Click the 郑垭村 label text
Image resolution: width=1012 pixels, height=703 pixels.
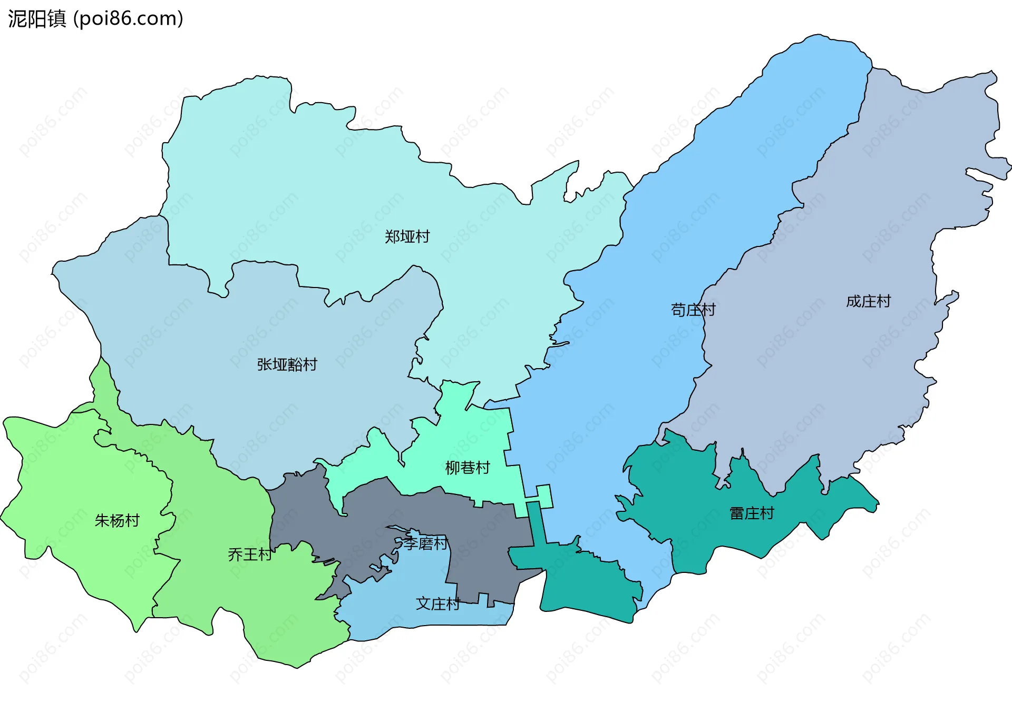click(x=407, y=236)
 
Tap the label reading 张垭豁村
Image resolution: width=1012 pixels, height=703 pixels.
click(x=287, y=364)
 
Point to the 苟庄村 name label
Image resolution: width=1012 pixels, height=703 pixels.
click(x=693, y=310)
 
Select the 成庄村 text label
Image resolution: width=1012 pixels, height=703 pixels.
click(x=868, y=301)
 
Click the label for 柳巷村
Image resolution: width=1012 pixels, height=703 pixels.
click(x=468, y=468)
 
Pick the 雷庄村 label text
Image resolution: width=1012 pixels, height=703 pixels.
click(x=752, y=513)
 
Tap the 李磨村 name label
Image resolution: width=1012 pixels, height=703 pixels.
click(x=425, y=543)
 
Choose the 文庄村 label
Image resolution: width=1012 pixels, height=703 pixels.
click(x=438, y=603)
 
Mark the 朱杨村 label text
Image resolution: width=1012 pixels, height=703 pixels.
click(x=117, y=521)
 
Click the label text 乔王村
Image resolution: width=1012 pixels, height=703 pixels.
click(x=250, y=555)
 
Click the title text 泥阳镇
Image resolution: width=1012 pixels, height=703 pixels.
click(x=37, y=19)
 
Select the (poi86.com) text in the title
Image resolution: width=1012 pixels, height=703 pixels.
click(x=128, y=19)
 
